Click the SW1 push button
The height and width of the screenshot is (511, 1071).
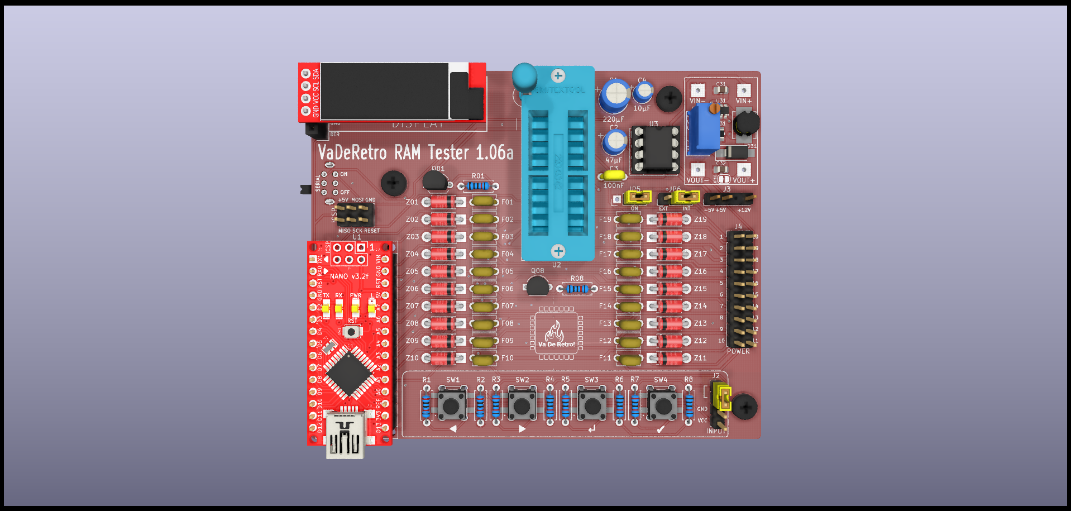[452, 405]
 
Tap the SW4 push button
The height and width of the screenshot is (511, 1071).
[662, 405]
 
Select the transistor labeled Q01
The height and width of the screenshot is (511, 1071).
[434, 181]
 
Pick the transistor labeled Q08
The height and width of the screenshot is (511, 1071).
[538, 286]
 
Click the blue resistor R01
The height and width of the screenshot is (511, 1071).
[478, 186]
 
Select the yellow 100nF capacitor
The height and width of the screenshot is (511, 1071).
[613, 175]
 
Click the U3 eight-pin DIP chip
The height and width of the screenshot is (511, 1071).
[656, 149]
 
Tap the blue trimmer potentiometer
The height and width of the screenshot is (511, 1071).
[704, 128]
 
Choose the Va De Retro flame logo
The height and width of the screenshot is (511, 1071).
[556, 333]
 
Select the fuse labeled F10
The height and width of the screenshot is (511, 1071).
[484, 359]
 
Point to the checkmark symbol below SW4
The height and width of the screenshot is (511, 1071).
[661, 429]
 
